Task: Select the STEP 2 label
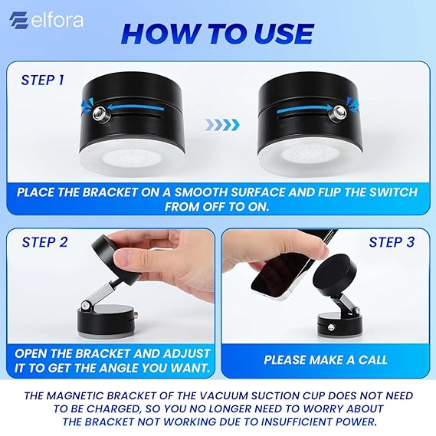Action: [42, 241]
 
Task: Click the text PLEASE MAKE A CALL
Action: [326, 359]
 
